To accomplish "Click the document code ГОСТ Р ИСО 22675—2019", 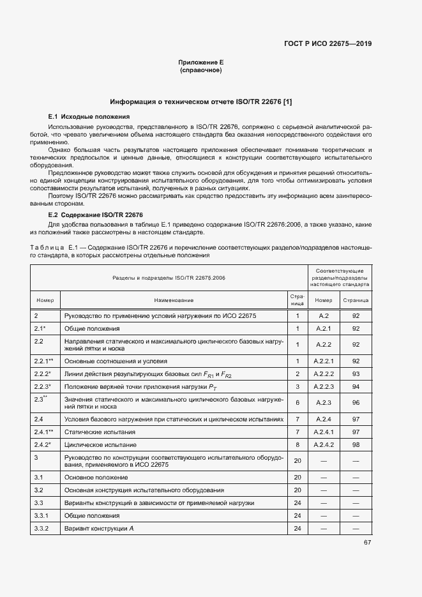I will [x=328, y=44].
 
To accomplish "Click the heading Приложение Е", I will [x=200, y=62].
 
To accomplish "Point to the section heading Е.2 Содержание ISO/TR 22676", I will [x=96, y=215].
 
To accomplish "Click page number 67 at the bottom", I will [x=367, y=542].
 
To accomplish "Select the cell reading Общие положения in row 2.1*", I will [x=92, y=328].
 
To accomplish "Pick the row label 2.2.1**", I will [x=43, y=361].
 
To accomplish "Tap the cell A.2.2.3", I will [x=324, y=387].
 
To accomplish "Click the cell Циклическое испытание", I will [x=100, y=444].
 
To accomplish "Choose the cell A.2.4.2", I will [x=324, y=444].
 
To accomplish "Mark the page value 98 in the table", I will [x=356, y=444].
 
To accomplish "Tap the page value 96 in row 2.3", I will [x=356, y=403].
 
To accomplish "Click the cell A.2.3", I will [x=324, y=403].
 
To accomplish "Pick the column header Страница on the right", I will [x=356, y=299].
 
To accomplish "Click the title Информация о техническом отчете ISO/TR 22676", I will [x=200, y=102].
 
